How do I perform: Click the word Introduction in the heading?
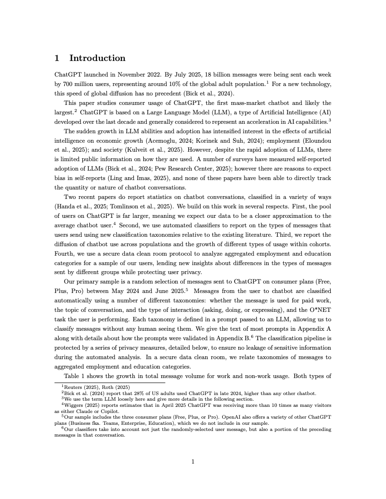point(97,58)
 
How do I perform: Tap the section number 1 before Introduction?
point(57,58)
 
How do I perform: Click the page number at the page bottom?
point(193,462)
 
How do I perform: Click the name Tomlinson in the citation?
point(126,206)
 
